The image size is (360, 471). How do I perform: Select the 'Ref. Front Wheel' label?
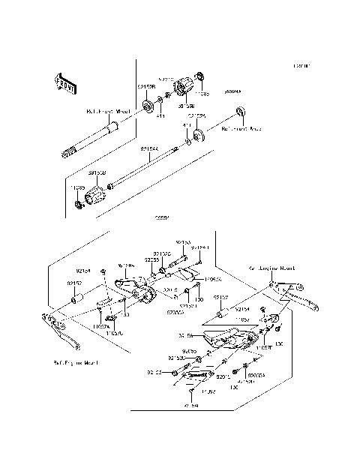[x=108, y=111]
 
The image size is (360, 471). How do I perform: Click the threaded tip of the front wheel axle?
[x=66, y=154]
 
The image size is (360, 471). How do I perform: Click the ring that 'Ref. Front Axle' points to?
[x=240, y=112]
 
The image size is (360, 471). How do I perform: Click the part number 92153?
[x=184, y=243]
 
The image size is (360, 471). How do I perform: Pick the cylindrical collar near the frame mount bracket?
[x=75, y=300]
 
